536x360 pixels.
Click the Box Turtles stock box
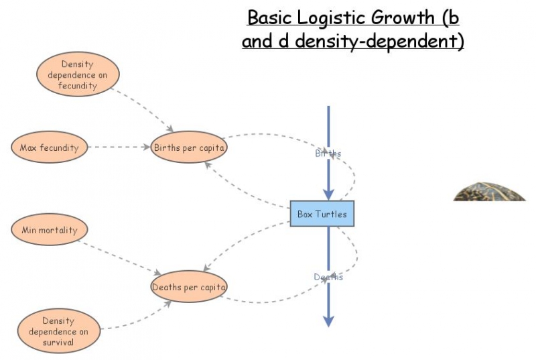(322, 213)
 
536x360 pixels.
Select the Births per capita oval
(189, 147)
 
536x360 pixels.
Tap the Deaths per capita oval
(189, 287)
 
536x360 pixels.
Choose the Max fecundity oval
(50, 147)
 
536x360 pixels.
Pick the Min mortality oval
(50, 230)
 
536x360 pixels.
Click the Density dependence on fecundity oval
(77, 75)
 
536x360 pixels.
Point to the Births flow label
(328, 154)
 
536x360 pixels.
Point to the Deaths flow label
(328, 277)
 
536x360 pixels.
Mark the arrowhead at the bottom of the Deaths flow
(328, 321)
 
